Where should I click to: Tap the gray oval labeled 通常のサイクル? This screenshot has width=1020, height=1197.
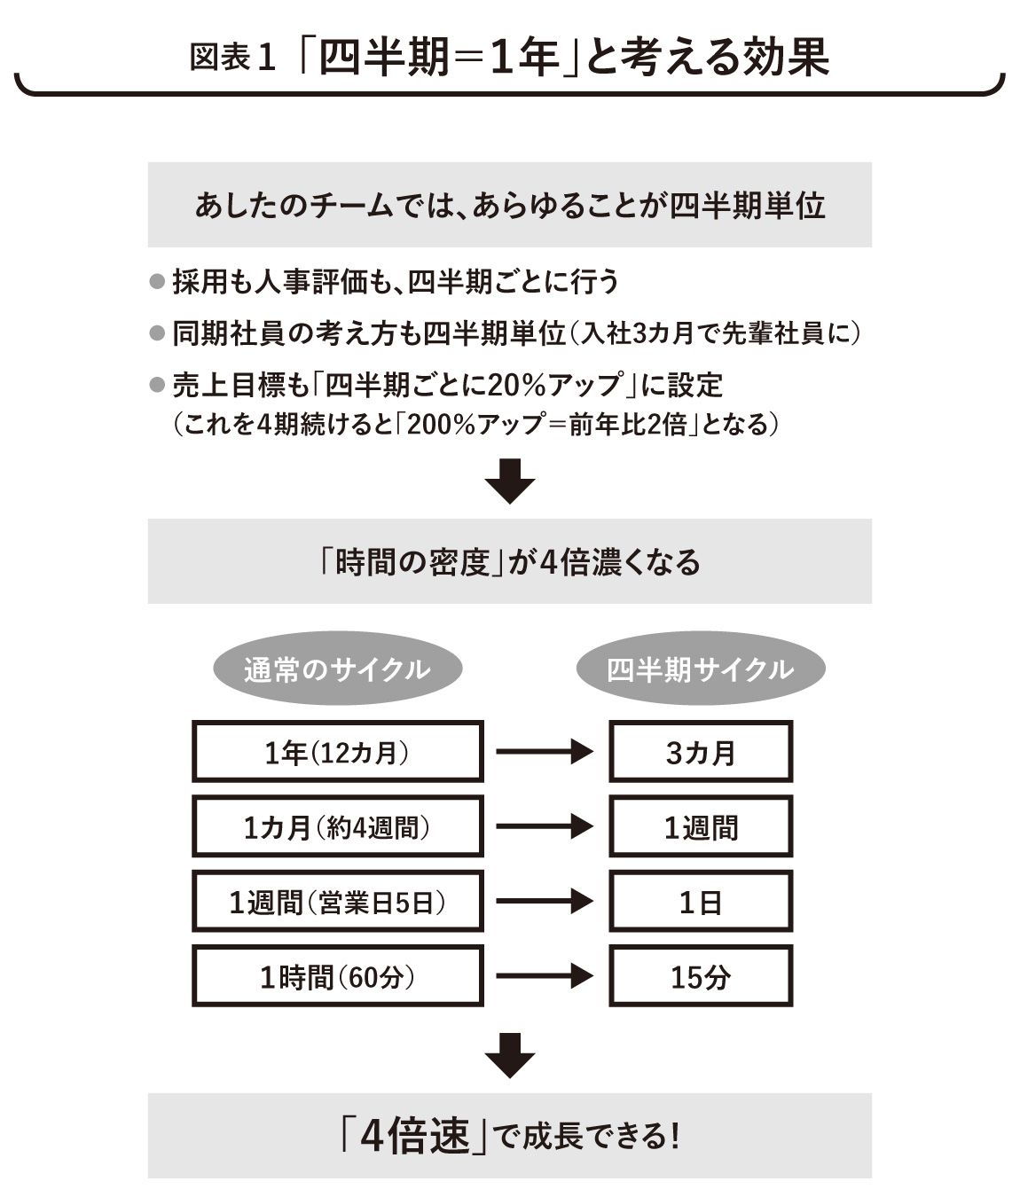pyautogui.click(x=338, y=669)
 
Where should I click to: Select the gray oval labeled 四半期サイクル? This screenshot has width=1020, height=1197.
pyautogui.click(x=701, y=669)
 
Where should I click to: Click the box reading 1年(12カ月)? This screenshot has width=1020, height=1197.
pyautogui.click(x=338, y=752)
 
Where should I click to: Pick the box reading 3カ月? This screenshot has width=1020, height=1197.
pyautogui.click(x=701, y=752)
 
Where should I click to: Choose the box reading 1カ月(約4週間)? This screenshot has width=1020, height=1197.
pyautogui.click(x=338, y=826)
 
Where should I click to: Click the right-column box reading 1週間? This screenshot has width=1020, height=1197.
pyautogui.click(x=701, y=826)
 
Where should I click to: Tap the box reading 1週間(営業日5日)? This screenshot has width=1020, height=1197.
pyautogui.click(x=338, y=901)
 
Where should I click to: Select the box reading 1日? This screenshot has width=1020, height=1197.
pyautogui.click(x=701, y=901)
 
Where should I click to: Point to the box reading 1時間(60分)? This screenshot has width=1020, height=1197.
pyautogui.click(x=338, y=976)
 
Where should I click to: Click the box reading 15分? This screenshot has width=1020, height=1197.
pyautogui.click(x=701, y=976)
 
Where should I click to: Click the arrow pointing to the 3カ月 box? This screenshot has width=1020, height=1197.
pyautogui.click(x=545, y=752)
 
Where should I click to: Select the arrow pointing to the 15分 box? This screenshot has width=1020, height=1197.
pyautogui.click(x=545, y=976)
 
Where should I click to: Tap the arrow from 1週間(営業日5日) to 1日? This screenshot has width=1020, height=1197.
pyautogui.click(x=545, y=901)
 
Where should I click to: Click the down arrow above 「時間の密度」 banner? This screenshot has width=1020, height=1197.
pyautogui.click(x=510, y=481)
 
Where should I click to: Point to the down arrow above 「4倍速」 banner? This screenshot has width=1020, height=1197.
pyautogui.click(x=510, y=1056)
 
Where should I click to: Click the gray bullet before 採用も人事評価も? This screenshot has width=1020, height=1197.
pyautogui.click(x=157, y=282)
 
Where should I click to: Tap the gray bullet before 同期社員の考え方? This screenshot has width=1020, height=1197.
pyautogui.click(x=157, y=333)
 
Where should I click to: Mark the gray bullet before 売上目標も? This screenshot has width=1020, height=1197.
pyautogui.click(x=157, y=385)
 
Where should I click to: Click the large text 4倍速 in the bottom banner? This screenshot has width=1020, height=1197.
pyautogui.click(x=415, y=1136)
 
